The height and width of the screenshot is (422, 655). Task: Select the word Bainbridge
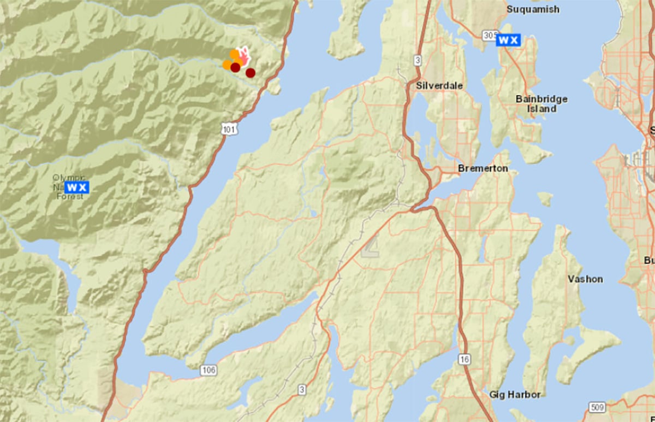(x=541, y=99)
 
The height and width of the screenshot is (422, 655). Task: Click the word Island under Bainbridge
(x=541, y=109)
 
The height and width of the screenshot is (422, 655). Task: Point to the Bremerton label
(x=483, y=168)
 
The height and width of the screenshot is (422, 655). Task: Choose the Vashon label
(x=585, y=279)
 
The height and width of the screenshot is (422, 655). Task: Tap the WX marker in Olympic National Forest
(x=76, y=187)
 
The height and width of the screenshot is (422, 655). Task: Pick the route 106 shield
(x=209, y=371)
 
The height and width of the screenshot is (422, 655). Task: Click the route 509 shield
(x=598, y=407)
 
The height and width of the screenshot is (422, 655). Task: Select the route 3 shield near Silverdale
(x=418, y=61)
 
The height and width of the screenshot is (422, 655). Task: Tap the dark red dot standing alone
(x=251, y=73)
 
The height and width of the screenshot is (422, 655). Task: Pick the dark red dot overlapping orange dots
(x=235, y=67)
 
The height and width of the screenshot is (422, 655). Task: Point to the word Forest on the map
(x=70, y=196)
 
